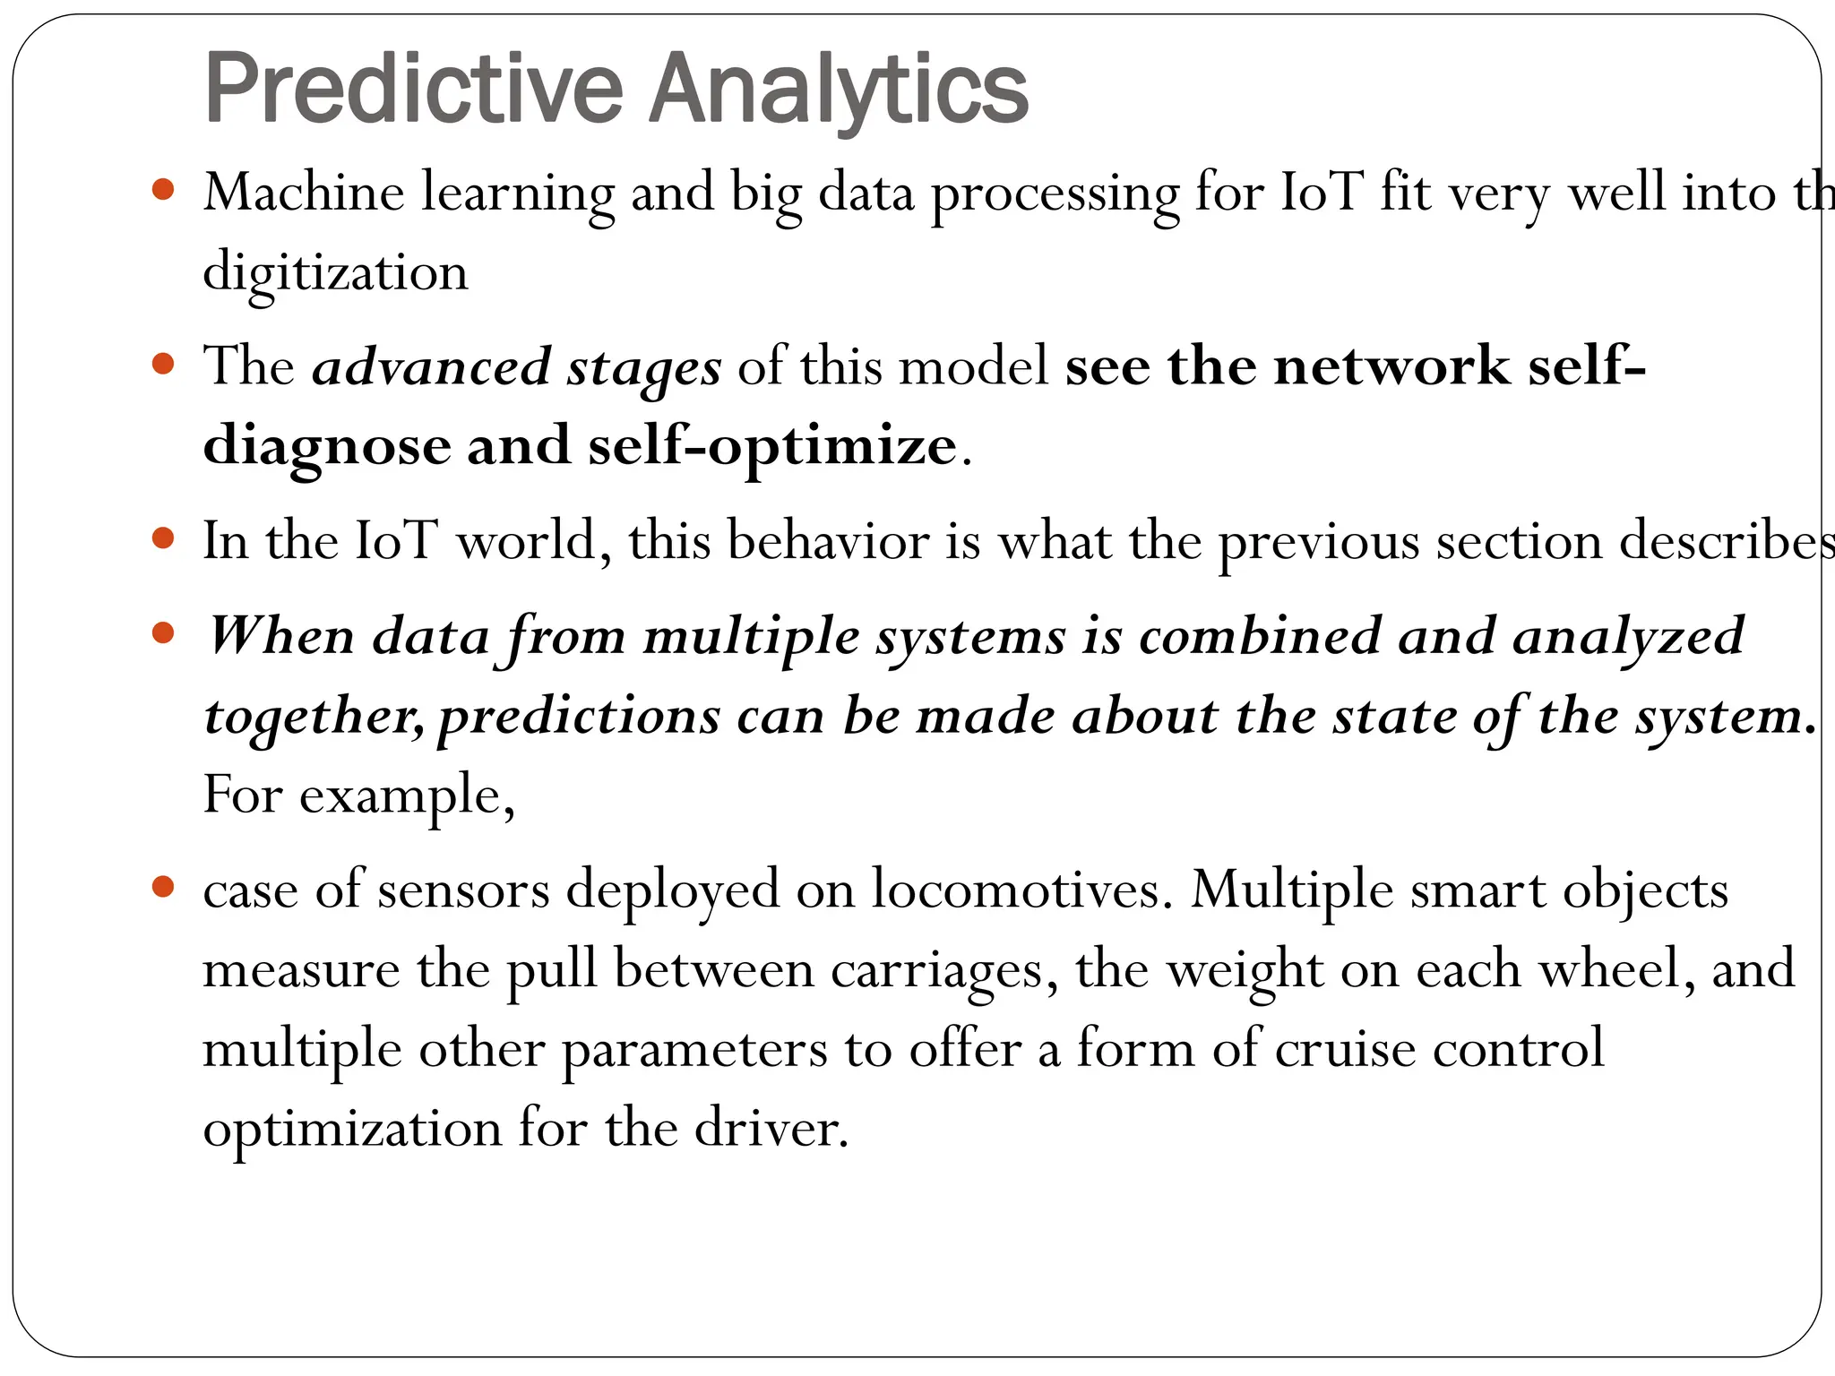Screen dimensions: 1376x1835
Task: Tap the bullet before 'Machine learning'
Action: click(x=162, y=190)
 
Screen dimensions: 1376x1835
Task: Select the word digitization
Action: click(x=335, y=271)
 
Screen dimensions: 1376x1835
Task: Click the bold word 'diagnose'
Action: click(x=327, y=446)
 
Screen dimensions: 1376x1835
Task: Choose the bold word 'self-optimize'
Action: click(x=771, y=446)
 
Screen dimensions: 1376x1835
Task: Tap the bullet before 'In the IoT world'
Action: click(x=162, y=538)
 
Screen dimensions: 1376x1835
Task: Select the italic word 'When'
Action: click(x=280, y=636)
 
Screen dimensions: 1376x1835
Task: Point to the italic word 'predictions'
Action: click(x=579, y=717)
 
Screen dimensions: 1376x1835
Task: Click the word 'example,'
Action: click(x=407, y=795)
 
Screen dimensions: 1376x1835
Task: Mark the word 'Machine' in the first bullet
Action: click(x=304, y=192)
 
